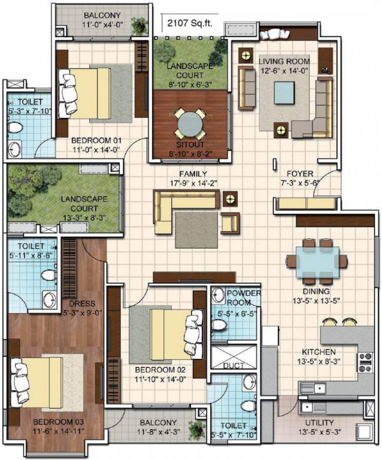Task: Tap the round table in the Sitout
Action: tap(189, 124)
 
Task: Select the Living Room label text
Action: tap(284, 61)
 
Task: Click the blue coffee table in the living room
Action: tap(284, 92)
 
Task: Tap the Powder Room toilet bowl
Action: tap(220, 324)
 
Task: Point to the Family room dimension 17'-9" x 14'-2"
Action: tap(187, 184)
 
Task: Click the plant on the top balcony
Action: tap(139, 25)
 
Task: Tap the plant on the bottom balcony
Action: tap(196, 429)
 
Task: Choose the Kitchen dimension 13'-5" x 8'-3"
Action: tap(319, 361)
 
